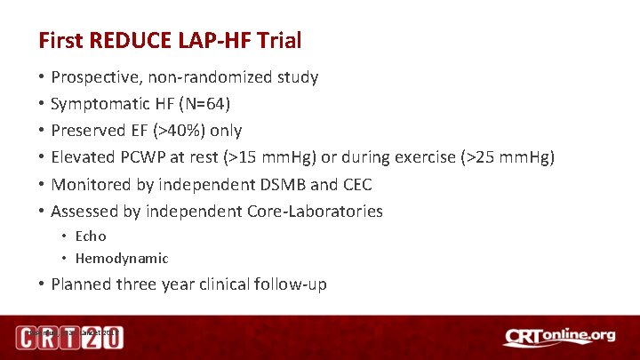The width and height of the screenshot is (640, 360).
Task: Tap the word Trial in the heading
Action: pos(276,40)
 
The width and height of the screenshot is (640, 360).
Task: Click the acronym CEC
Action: pos(356,184)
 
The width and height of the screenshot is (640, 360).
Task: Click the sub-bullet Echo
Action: pos(91,236)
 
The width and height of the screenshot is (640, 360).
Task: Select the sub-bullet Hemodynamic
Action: pos(122,259)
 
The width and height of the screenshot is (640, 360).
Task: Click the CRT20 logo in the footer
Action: pos(69,338)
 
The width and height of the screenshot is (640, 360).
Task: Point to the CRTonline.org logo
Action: pos(558,338)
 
